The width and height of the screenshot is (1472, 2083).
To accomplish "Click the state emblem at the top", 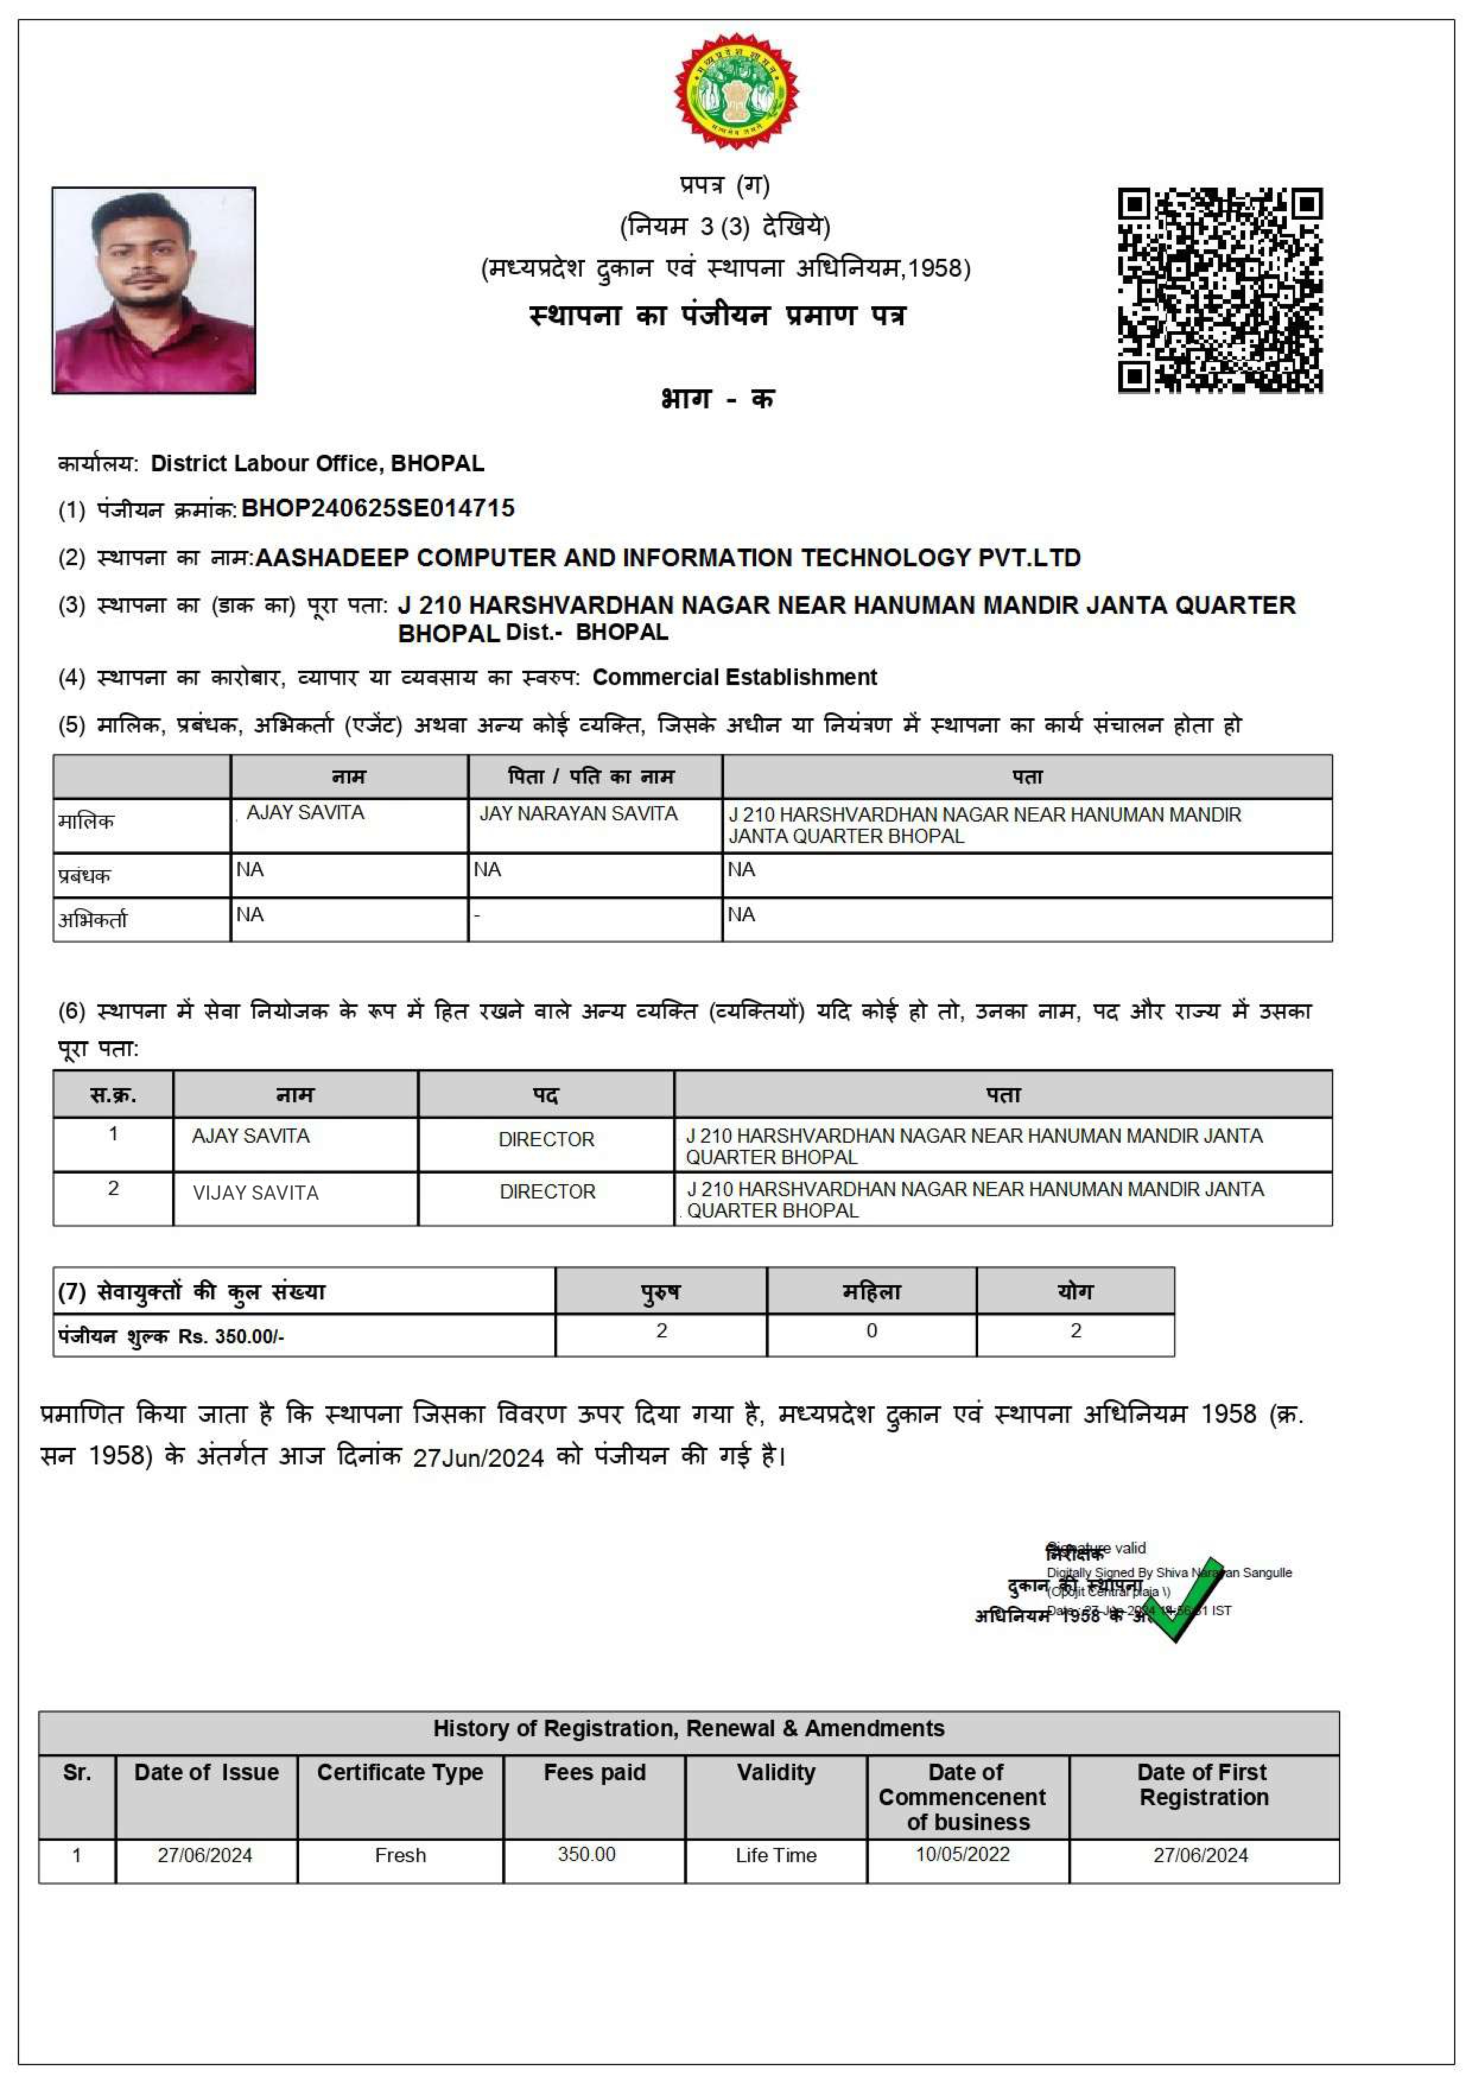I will [735, 91].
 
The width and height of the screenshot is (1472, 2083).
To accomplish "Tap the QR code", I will [1219, 290].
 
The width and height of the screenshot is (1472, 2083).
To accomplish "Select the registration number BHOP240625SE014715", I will [377, 508].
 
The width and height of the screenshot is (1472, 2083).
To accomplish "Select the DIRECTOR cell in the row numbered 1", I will [546, 1140].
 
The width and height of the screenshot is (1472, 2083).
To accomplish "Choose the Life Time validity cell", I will [775, 1855].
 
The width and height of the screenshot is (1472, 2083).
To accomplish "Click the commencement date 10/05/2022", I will [962, 1854].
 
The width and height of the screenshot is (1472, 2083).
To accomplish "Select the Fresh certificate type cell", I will [400, 1855].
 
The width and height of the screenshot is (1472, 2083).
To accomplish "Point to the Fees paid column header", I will [594, 1772].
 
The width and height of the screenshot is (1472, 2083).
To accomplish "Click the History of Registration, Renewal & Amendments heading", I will [689, 1728].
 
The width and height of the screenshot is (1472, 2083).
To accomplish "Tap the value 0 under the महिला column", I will [871, 1331].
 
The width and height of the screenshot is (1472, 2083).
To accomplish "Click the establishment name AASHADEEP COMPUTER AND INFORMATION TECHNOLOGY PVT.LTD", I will [668, 558].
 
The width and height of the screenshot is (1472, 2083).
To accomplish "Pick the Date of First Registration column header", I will [1203, 1784].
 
